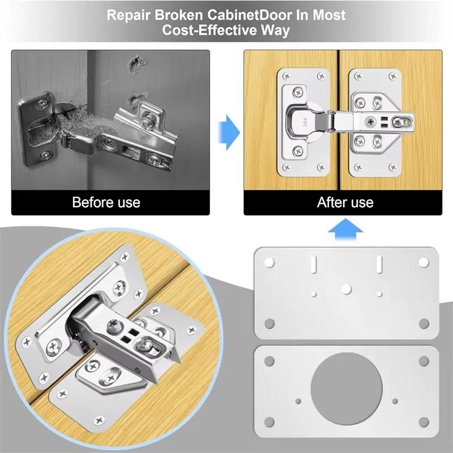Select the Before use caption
click(x=106, y=202)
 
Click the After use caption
click(x=345, y=202)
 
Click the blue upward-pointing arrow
click(x=346, y=230)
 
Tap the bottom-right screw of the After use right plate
click(x=406, y=167)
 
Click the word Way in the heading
click(x=276, y=31)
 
